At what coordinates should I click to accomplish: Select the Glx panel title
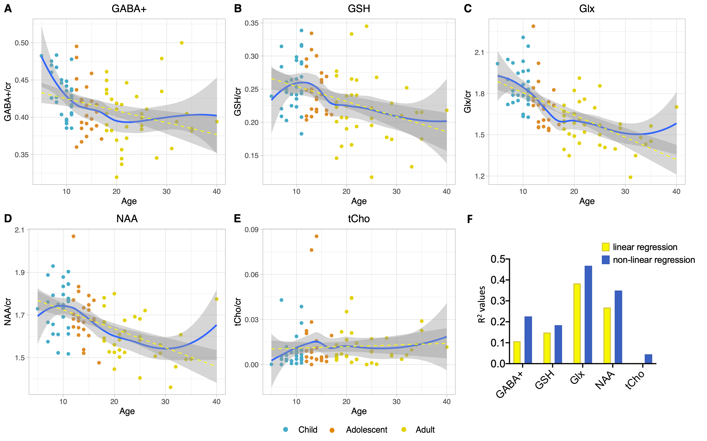pyautogui.click(x=587, y=9)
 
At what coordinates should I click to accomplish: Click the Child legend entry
pyautogui.click(x=307, y=430)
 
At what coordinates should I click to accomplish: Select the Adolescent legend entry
pyautogui.click(x=366, y=430)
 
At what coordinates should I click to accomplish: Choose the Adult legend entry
pyautogui.click(x=425, y=430)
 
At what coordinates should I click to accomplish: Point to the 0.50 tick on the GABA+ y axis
pyautogui.click(x=22, y=43)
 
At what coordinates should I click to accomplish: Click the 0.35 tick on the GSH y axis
pyautogui.click(x=252, y=23)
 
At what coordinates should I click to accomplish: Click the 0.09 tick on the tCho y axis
pyautogui.click(x=252, y=230)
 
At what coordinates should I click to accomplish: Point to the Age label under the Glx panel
pyautogui.click(x=587, y=201)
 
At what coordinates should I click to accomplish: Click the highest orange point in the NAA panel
pyautogui.click(x=73, y=236)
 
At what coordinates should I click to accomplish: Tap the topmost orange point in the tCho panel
pyautogui.click(x=316, y=236)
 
